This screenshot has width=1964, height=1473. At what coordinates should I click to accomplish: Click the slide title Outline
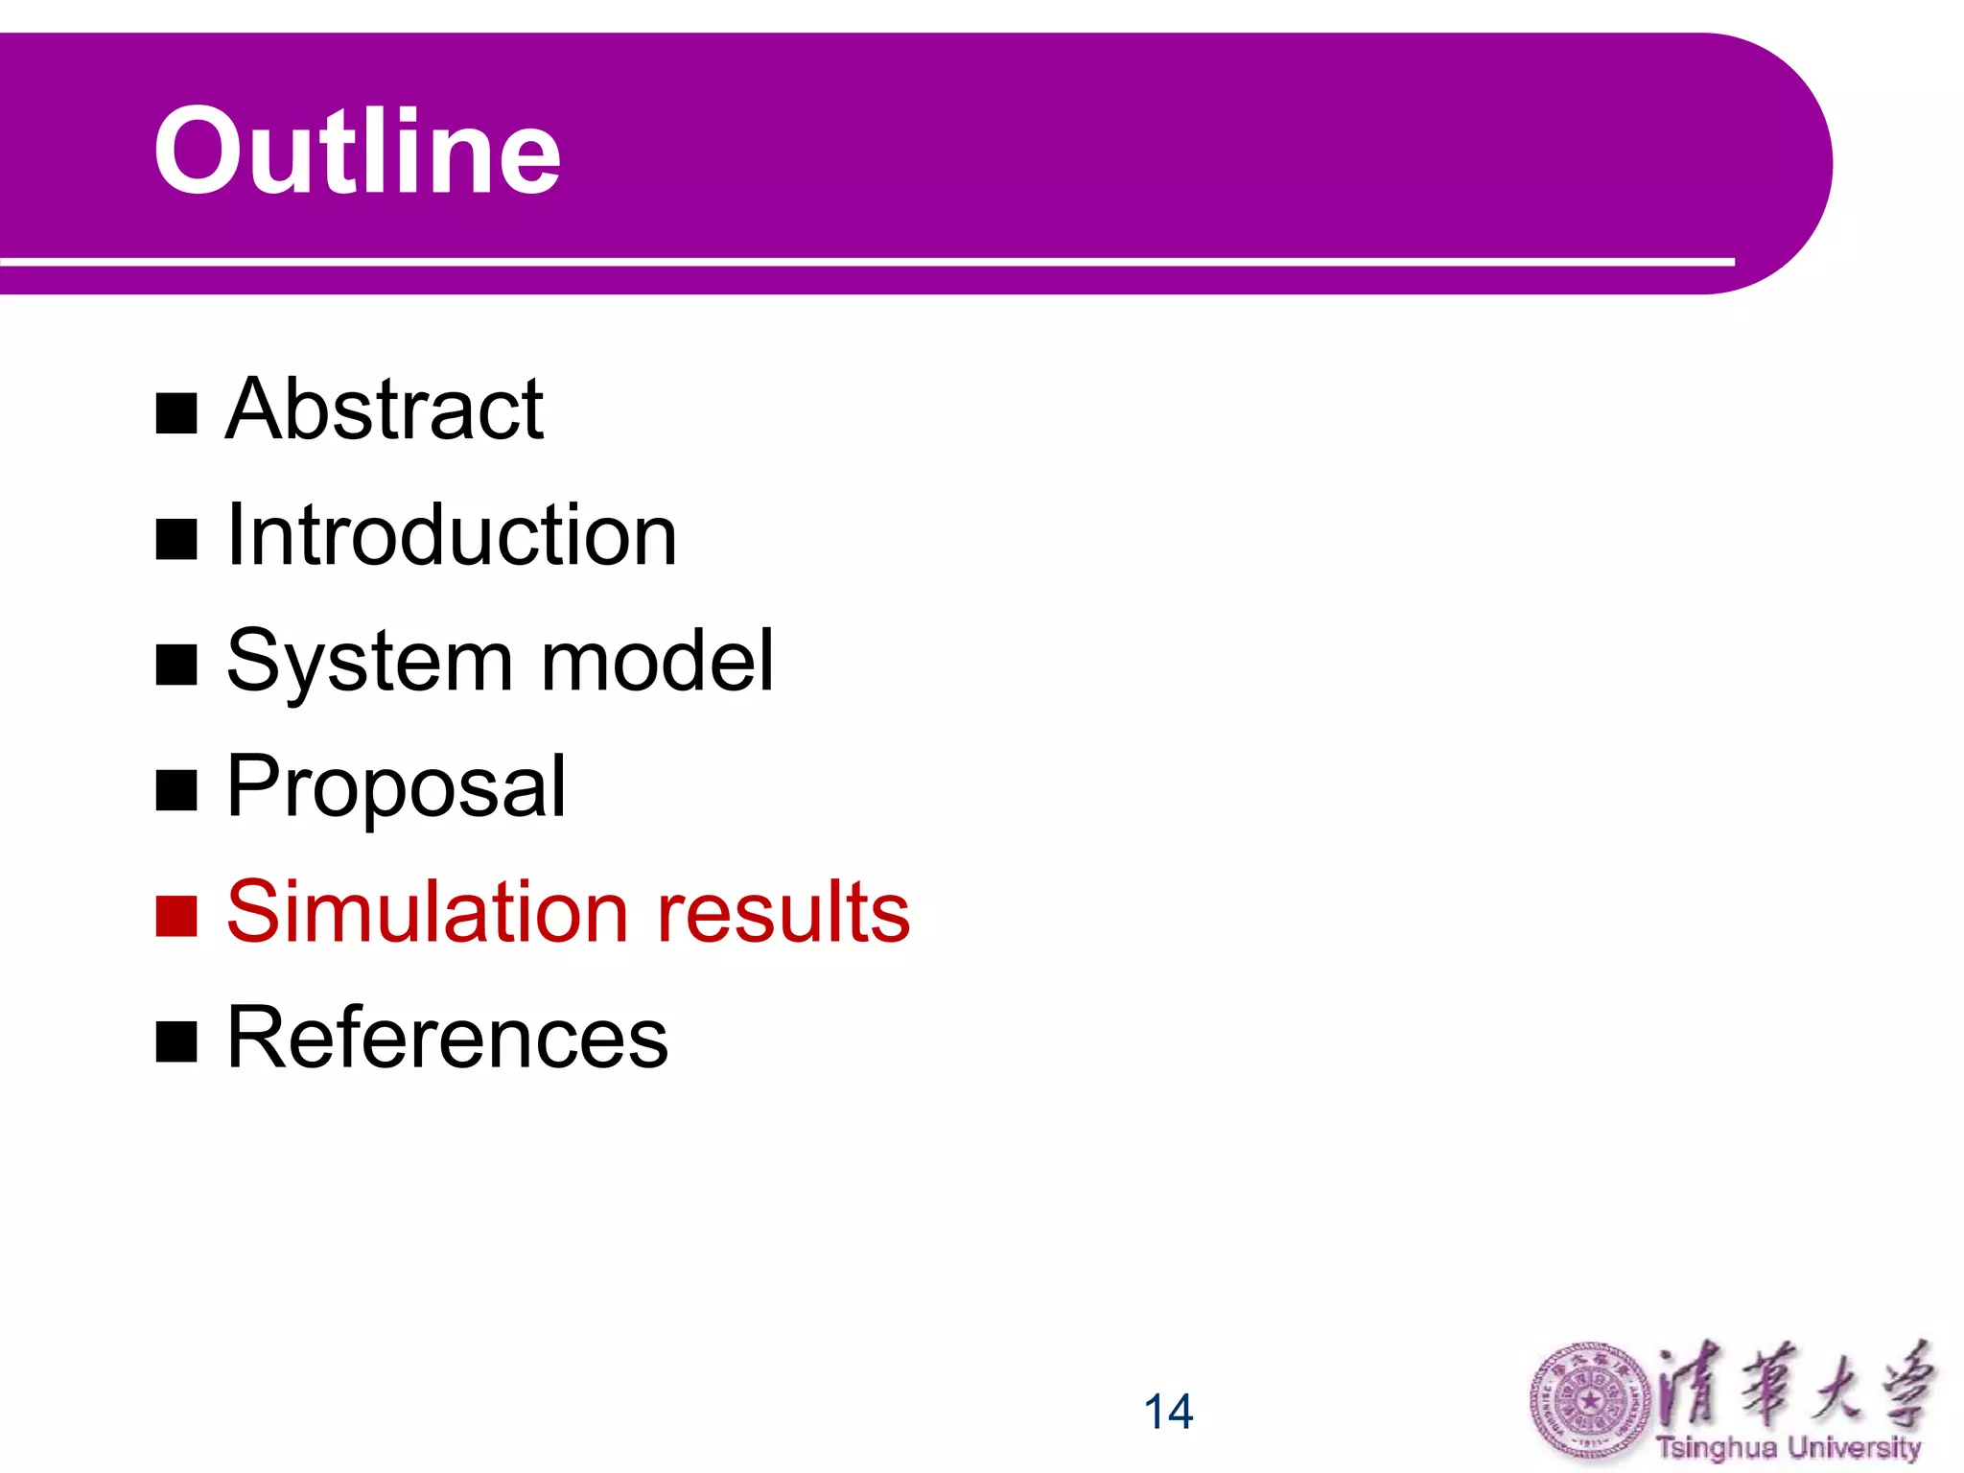[x=357, y=152]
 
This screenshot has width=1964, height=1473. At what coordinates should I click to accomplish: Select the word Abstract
[x=385, y=410]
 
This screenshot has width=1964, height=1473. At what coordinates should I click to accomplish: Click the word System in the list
[x=369, y=662]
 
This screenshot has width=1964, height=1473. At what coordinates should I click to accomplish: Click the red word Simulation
[x=427, y=912]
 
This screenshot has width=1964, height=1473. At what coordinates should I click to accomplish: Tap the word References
[x=447, y=1038]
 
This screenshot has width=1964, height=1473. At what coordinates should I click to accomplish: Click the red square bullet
[x=176, y=916]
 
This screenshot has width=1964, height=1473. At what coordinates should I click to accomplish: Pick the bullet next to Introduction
[x=176, y=539]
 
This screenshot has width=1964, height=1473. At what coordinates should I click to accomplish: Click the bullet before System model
[x=176, y=665]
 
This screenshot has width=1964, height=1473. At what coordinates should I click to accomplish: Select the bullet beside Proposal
[x=176, y=790]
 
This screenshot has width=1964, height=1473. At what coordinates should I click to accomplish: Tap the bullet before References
[x=176, y=1041]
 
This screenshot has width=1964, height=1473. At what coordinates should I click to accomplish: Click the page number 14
[x=1168, y=1412]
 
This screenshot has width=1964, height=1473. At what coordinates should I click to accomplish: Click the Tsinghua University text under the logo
[x=1789, y=1447]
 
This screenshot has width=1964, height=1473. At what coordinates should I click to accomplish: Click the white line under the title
[x=863, y=261]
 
